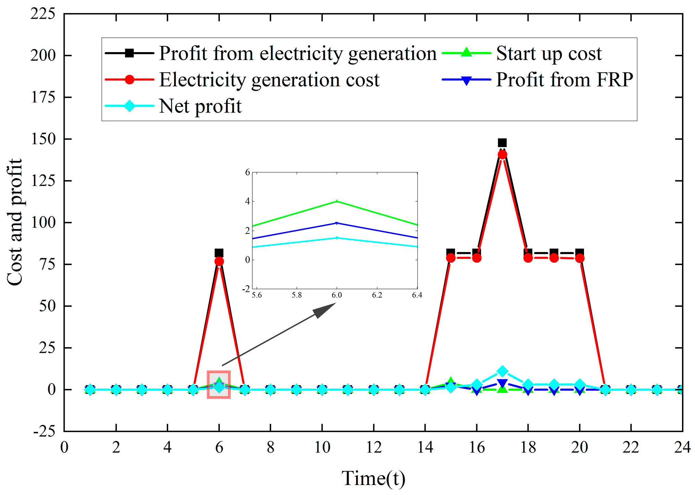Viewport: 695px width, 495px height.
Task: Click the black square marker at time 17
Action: pos(502,143)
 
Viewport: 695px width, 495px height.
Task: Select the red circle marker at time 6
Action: pos(219,262)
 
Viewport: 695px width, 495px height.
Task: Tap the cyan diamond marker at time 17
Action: pos(502,371)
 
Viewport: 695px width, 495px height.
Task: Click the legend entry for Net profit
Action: pos(200,106)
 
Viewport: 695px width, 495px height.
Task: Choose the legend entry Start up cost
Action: pos(548,54)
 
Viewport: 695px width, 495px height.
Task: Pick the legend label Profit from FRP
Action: pos(564,80)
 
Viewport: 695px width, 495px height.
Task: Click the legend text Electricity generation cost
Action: pos(269,80)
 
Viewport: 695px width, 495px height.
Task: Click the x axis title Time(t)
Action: pos(374,478)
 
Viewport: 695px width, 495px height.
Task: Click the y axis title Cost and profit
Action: pos(14,223)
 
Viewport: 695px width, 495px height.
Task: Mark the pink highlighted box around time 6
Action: pos(219,384)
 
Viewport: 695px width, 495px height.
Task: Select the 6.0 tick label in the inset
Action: pos(337,295)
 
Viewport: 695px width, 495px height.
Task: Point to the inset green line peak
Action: pos(337,201)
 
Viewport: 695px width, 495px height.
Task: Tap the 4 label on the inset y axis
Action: pos(247,201)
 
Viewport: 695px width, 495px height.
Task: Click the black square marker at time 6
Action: pos(219,253)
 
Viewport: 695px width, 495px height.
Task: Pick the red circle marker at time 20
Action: pos(580,258)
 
